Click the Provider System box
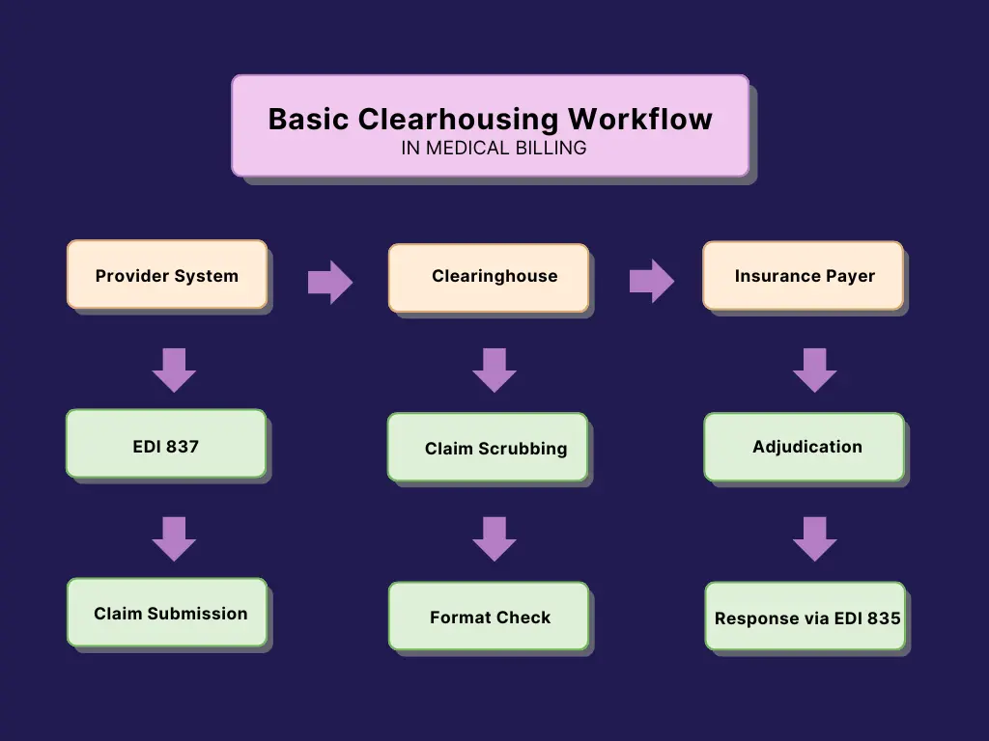[167, 274]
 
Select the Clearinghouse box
[489, 278]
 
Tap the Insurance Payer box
[803, 275]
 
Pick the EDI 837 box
[166, 444]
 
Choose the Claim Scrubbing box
[488, 447]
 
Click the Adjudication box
[805, 447]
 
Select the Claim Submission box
[167, 613]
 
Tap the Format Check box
[489, 616]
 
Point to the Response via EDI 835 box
[805, 616]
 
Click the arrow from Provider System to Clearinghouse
[330, 283]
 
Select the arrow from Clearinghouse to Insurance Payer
[652, 281]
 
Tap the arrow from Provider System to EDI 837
[174, 370]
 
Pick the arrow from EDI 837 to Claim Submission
[174, 539]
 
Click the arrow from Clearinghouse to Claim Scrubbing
[494, 370]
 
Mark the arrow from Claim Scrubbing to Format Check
[494, 539]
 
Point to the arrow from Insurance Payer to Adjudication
[815, 370]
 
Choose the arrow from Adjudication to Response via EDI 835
[815, 539]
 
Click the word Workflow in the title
[640, 119]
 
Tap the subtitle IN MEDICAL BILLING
[494, 148]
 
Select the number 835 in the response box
[884, 618]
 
